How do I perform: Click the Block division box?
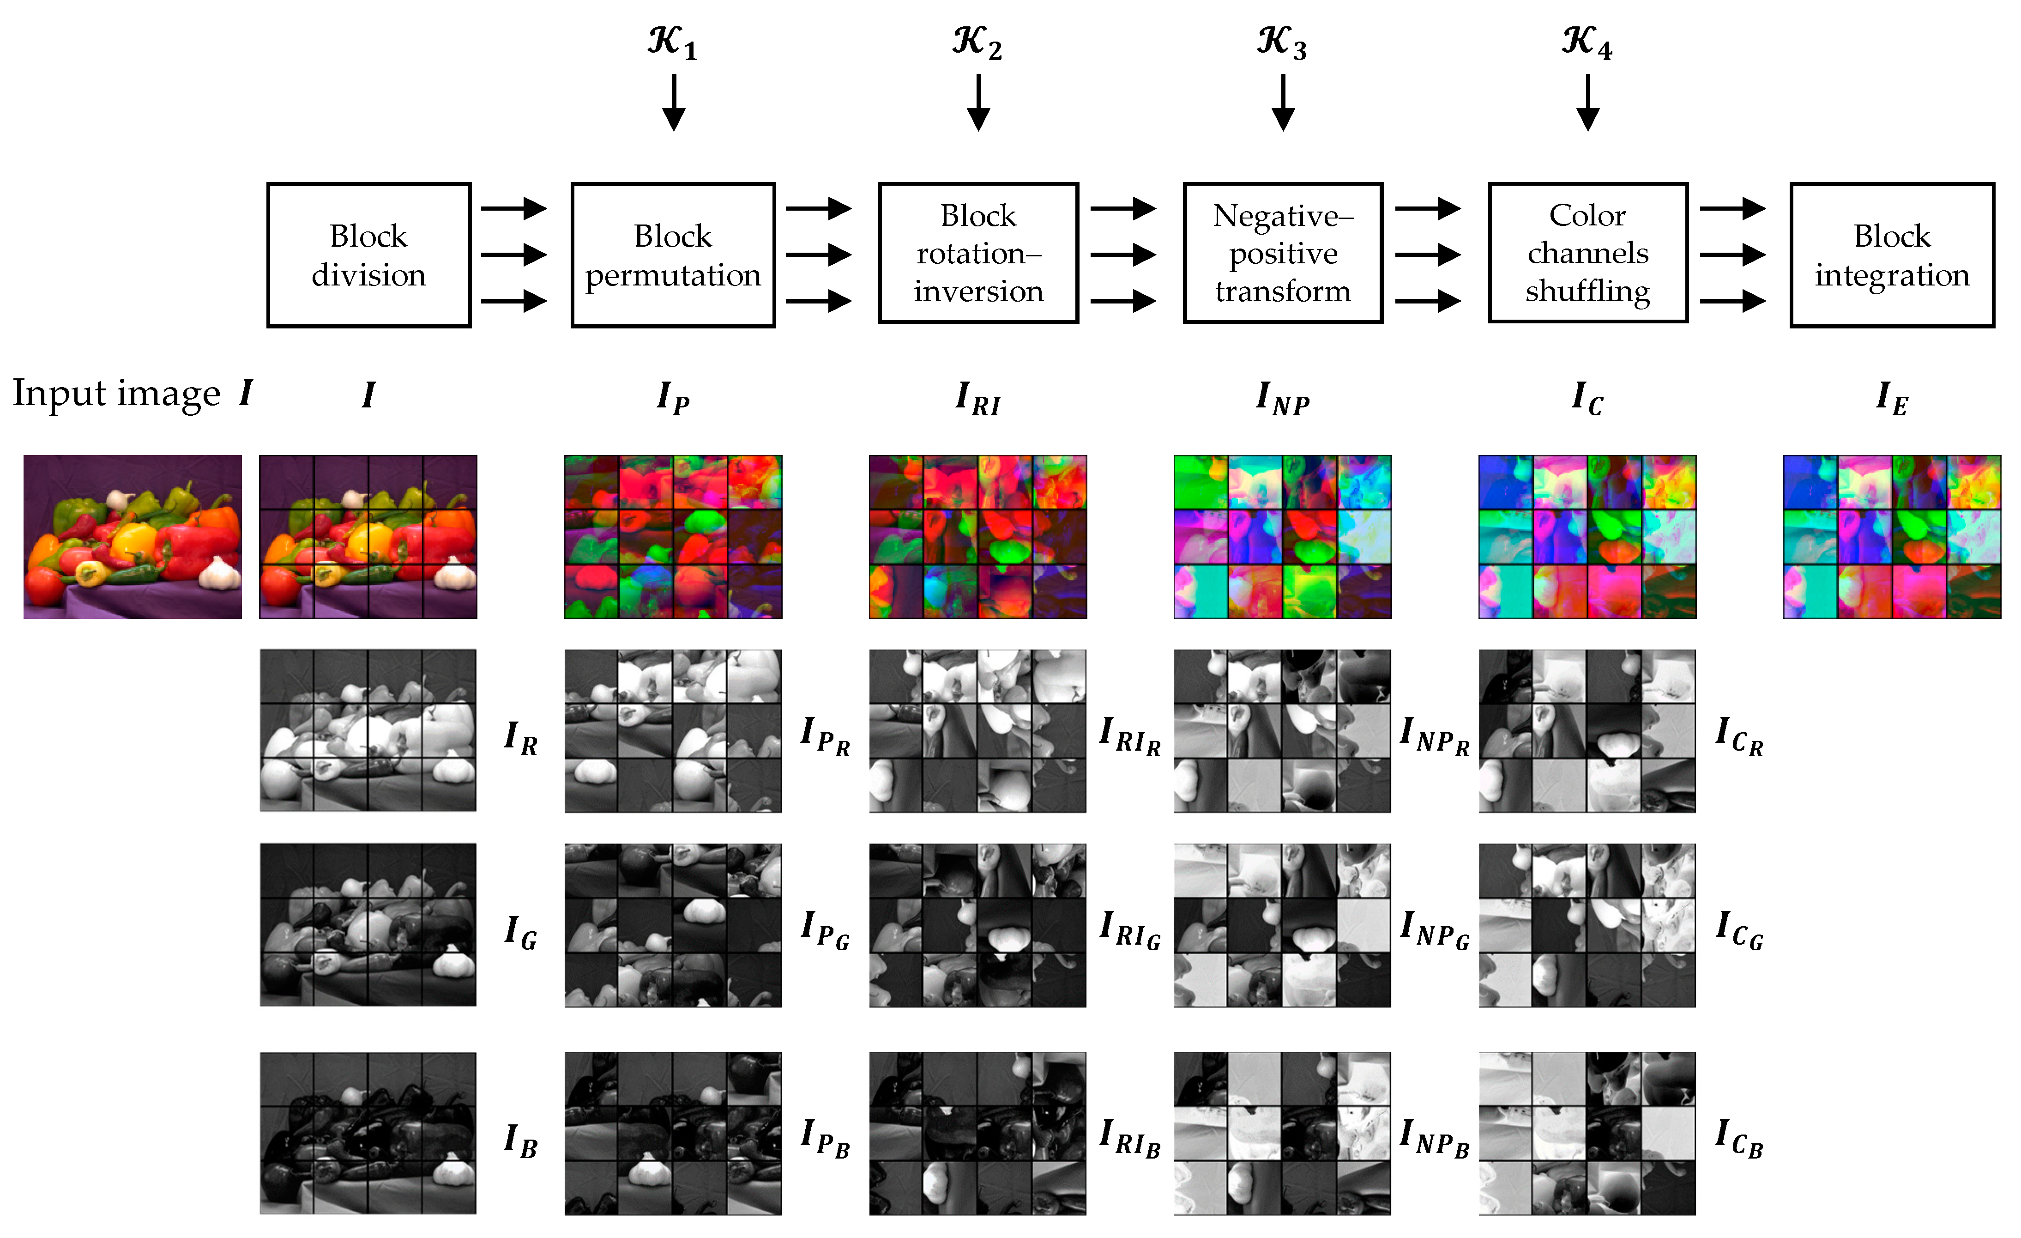(x=368, y=255)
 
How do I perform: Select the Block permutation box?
(x=673, y=255)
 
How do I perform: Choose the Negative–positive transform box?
(x=1283, y=253)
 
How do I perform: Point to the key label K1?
(x=673, y=42)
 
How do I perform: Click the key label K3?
(x=1282, y=42)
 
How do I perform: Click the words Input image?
(x=116, y=394)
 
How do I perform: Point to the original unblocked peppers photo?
(x=133, y=537)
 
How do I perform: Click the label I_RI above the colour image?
(x=977, y=399)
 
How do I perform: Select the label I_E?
(x=1891, y=399)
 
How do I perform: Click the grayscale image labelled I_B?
(x=368, y=1133)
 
